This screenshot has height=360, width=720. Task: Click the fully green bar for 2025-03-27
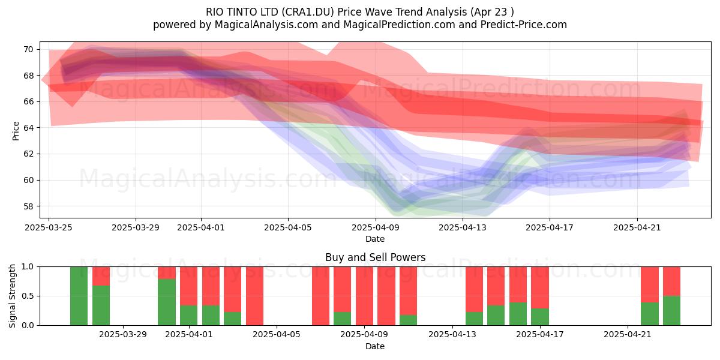79,296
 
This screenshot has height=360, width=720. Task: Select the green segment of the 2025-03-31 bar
167,302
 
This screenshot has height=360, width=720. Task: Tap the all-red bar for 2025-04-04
254,296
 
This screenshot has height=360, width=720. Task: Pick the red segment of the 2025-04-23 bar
671,281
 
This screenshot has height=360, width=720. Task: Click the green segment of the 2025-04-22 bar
650,314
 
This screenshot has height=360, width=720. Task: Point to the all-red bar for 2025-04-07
320,296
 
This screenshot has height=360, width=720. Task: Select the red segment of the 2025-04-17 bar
539,287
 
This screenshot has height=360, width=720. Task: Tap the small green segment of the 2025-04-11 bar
408,320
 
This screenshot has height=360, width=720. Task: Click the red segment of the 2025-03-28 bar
101,276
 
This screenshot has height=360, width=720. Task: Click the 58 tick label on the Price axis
28,206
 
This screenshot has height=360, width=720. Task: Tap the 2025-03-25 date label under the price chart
49,227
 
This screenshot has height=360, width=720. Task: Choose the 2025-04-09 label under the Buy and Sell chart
364,335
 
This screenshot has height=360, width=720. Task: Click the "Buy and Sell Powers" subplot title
375,257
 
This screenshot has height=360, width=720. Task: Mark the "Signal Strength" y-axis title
12,296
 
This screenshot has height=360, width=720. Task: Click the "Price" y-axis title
16,131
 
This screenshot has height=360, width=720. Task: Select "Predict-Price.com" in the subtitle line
524,25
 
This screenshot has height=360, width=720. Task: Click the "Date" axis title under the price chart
375,239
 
